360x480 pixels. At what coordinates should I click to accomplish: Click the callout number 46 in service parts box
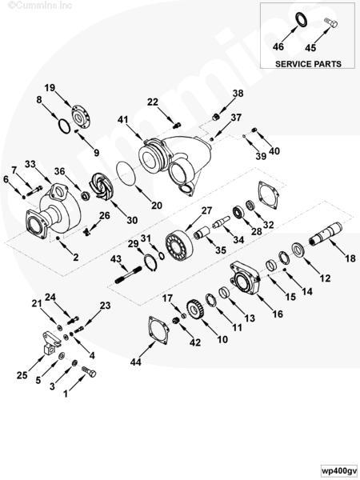[278, 47]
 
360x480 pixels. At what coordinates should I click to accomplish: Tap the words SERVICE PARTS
[308, 64]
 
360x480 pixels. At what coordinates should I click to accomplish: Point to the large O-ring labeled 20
[126, 174]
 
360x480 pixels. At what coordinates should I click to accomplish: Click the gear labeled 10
[194, 310]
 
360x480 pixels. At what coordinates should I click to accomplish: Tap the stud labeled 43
[128, 275]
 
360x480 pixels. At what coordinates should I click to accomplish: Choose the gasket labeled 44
[158, 331]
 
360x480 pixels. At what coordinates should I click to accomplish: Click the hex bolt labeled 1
[89, 371]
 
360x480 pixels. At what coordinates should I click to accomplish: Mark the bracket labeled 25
[50, 343]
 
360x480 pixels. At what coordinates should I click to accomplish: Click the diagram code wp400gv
[339, 470]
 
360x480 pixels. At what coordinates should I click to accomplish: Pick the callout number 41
[122, 119]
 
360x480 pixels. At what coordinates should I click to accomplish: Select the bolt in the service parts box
[330, 23]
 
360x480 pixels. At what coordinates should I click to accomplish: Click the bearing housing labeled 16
[244, 278]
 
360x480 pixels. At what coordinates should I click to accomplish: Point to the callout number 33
[30, 164]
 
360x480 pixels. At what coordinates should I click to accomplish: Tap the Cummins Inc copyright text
[40, 6]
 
